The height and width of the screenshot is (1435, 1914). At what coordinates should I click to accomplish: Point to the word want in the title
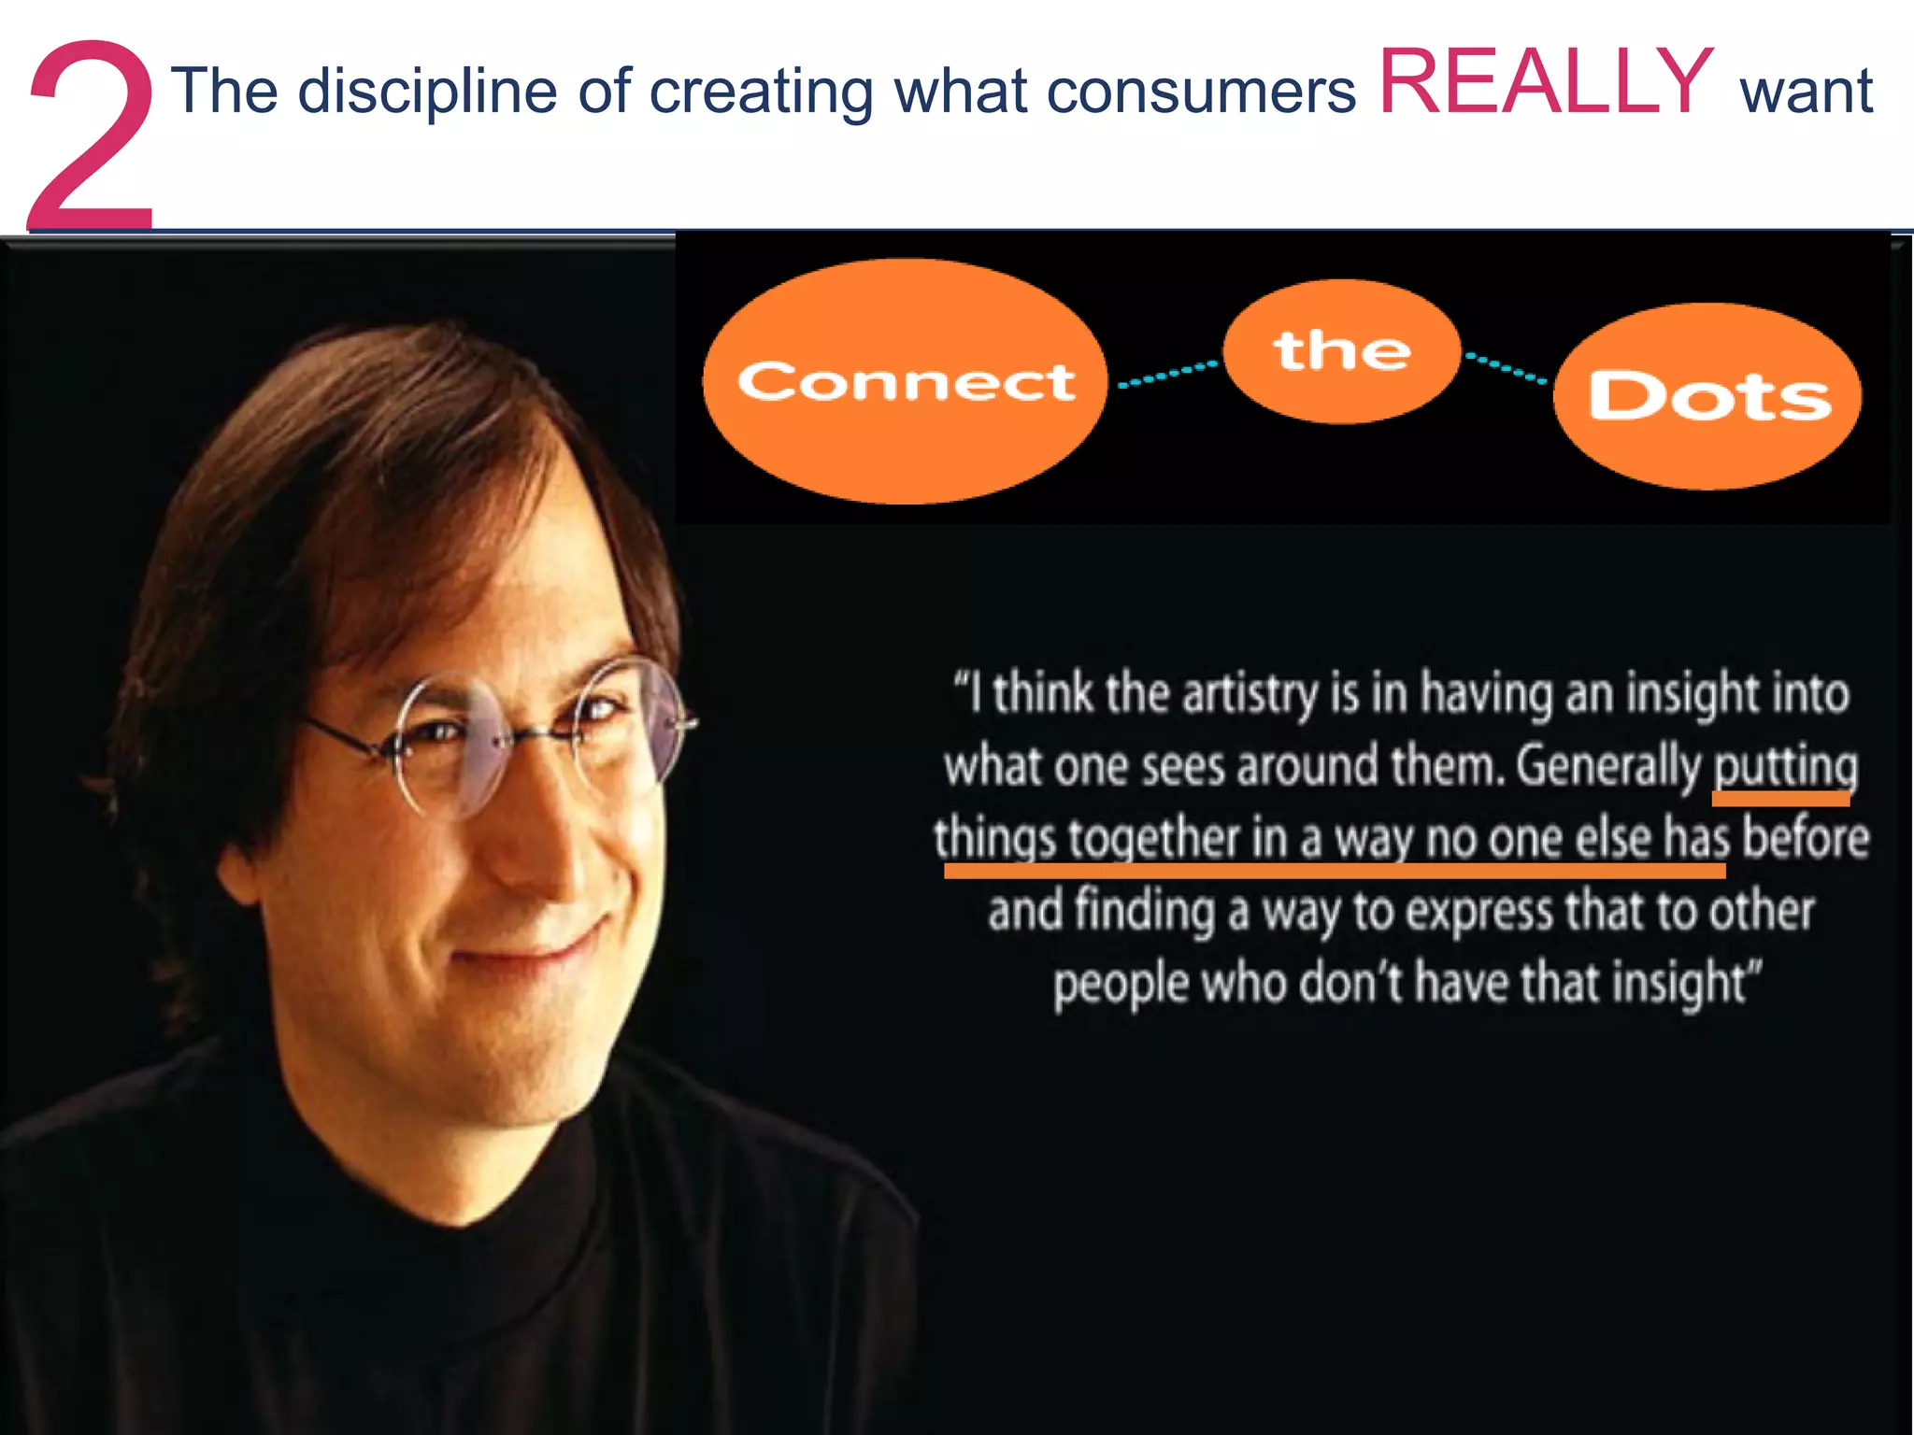coord(1806,92)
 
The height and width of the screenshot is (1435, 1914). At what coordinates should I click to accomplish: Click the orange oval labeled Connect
coord(905,381)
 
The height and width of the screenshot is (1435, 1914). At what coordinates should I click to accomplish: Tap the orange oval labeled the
coord(1341,351)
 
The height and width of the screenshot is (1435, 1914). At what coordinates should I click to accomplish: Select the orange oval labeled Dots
coord(1707,396)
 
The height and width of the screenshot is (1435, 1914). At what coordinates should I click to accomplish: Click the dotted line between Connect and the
coord(1167,374)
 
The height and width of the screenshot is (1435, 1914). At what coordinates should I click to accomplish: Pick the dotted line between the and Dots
coord(1506,368)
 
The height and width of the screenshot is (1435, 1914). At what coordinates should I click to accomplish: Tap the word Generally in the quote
coord(1607,767)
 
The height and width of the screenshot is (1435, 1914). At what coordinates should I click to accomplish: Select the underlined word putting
coord(1785,767)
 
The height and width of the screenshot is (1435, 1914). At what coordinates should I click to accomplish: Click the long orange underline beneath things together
coord(1335,871)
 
